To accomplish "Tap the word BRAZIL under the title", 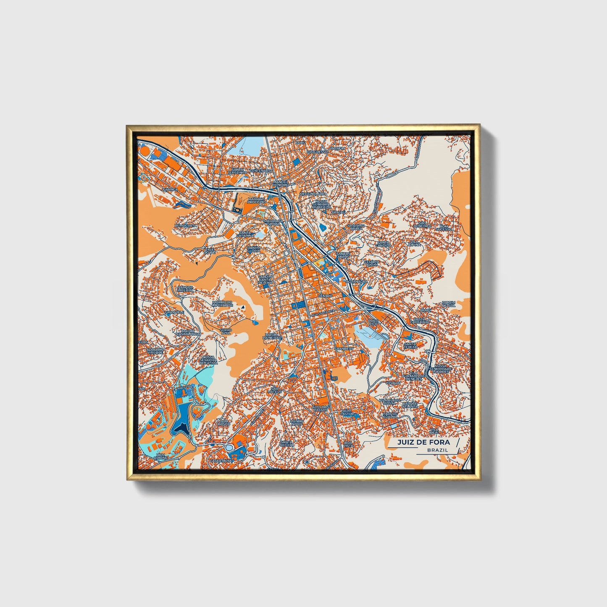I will (437, 450).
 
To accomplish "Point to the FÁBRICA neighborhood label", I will (171, 189).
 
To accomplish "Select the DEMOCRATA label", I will (186, 226).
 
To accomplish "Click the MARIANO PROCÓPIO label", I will (257, 200).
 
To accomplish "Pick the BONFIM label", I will (338, 148).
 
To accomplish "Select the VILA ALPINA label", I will (415, 243).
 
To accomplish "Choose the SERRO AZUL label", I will (225, 331).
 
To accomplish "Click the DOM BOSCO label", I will (224, 423).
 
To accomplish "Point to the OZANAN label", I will (393, 383).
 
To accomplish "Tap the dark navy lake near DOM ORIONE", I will (182, 427).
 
